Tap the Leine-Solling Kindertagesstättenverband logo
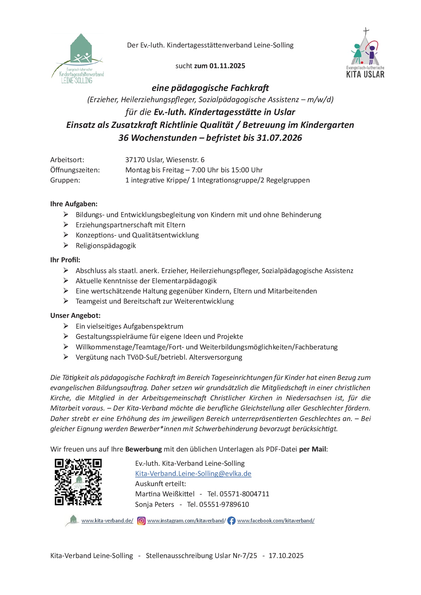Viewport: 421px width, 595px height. point(78,59)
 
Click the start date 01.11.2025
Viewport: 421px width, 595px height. point(227,66)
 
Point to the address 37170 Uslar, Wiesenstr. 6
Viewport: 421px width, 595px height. point(165,160)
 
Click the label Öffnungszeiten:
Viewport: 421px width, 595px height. point(75,170)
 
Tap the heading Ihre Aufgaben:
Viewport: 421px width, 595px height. point(74,204)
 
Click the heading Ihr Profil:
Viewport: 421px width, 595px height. point(65,260)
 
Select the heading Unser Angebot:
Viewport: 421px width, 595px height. point(75,315)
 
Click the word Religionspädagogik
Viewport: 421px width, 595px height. point(106,246)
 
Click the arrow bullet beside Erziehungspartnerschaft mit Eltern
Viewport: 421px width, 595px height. point(66,225)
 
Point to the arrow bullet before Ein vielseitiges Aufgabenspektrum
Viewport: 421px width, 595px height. point(66,326)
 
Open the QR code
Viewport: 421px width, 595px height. point(78,482)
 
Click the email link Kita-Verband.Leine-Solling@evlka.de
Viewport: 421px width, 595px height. point(193,474)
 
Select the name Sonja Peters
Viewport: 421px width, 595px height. point(154,504)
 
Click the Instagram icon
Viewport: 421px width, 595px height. point(141,521)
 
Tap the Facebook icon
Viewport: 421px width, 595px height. point(231,521)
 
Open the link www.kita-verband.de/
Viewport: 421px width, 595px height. point(107,521)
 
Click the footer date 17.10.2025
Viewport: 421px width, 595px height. point(286,556)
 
